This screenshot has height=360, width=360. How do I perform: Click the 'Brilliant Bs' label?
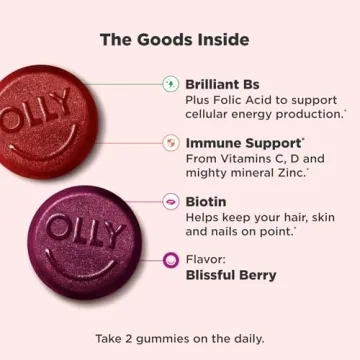[x=225, y=84]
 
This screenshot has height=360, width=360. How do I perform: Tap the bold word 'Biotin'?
[x=206, y=201]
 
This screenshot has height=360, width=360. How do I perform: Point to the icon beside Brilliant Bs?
[x=170, y=84]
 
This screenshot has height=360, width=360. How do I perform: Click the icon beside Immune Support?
[x=170, y=143]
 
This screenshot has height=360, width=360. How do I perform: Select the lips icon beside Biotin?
[x=170, y=201]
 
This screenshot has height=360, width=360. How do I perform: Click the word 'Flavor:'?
[x=206, y=259]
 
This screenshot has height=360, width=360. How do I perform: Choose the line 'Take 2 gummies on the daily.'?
[x=180, y=337]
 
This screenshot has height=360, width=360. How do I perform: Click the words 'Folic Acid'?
[x=245, y=101]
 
